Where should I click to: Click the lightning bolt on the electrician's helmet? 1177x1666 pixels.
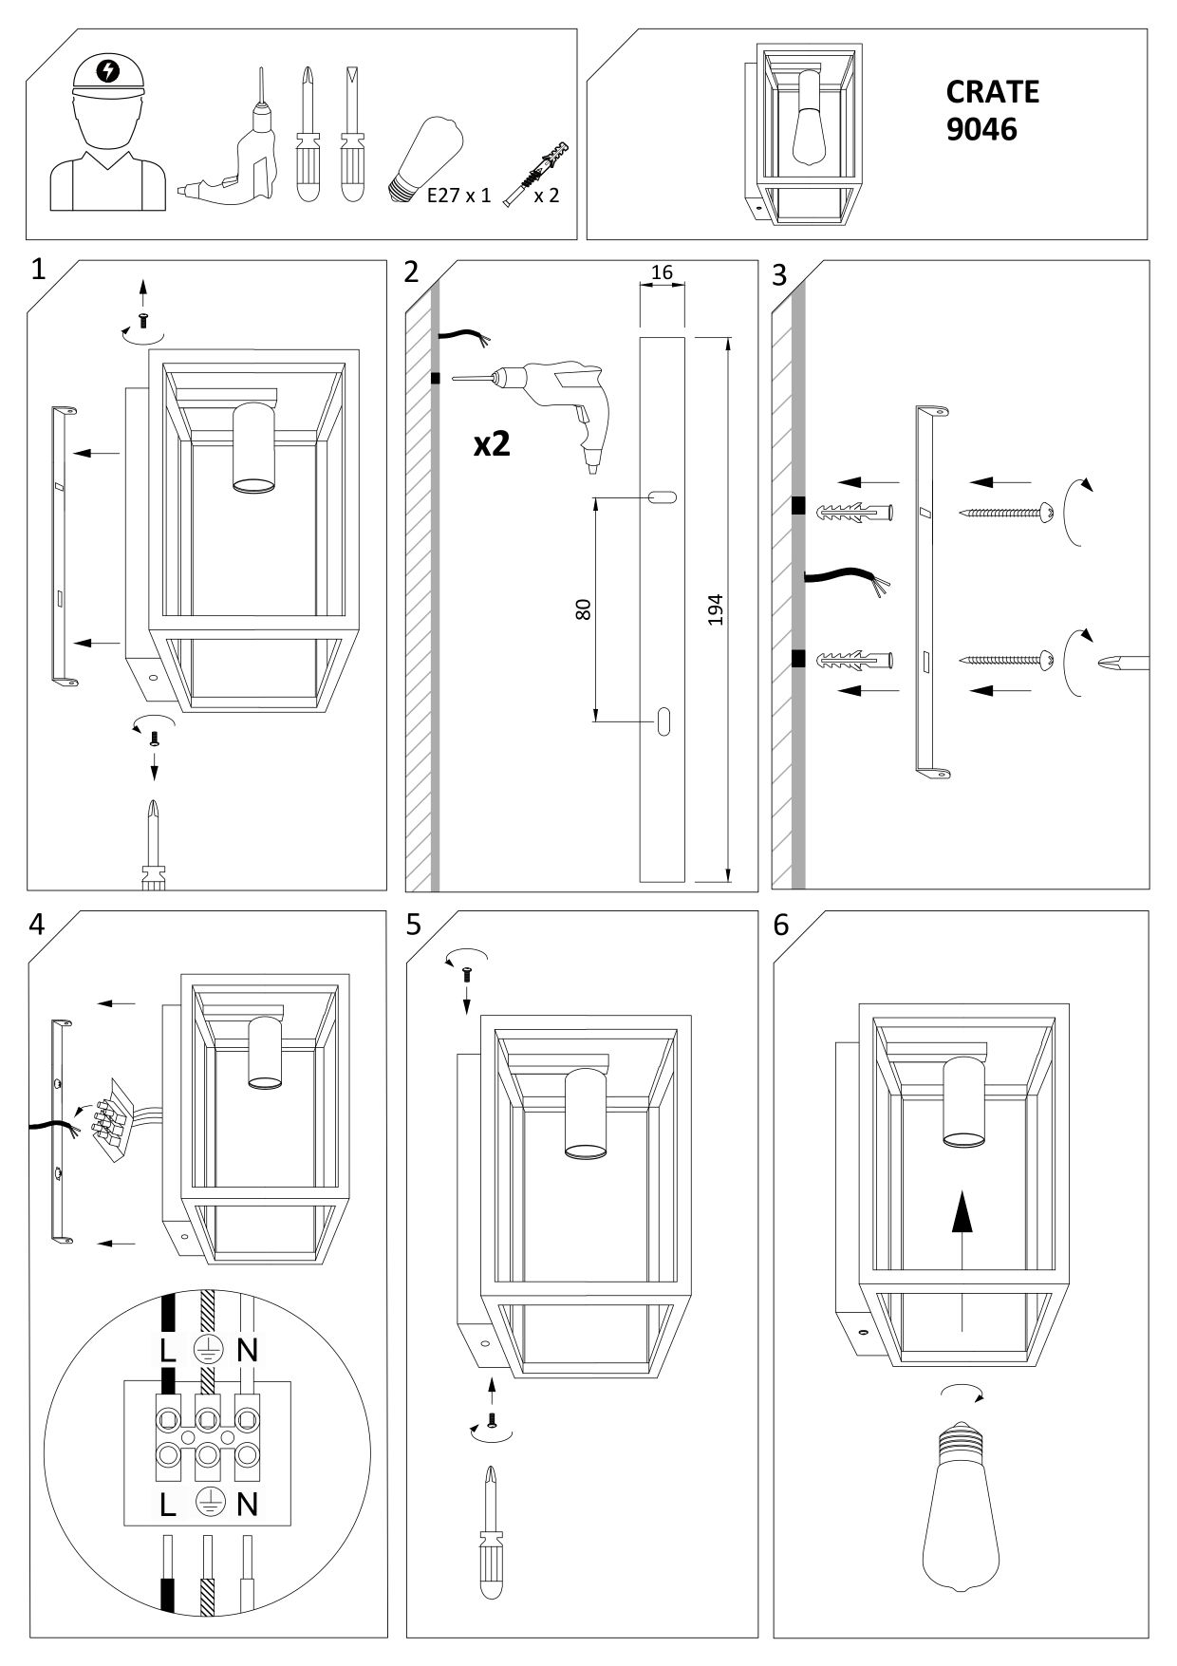[x=109, y=70]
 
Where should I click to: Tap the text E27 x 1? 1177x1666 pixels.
[x=459, y=197]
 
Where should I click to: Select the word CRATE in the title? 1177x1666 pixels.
[x=992, y=91]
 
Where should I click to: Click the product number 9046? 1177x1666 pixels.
[x=981, y=128]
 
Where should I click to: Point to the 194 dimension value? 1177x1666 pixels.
[x=716, y=609]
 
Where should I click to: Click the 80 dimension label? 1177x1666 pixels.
[x=584, y=609]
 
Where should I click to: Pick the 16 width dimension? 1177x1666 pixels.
[x=662, y=272]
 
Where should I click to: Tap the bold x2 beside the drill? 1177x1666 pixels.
[x=492, y=443]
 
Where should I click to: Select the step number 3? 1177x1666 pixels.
[x=780, y=275]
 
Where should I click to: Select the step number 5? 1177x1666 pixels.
[x=413, y=926]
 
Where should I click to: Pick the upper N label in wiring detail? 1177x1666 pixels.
[x=247, y=1349]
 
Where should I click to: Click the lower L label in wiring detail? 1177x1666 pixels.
[x=168, y=1504]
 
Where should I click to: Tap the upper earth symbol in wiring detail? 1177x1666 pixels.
[x=207, y=1349]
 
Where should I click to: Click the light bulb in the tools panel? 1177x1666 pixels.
[x=426, y=159]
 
